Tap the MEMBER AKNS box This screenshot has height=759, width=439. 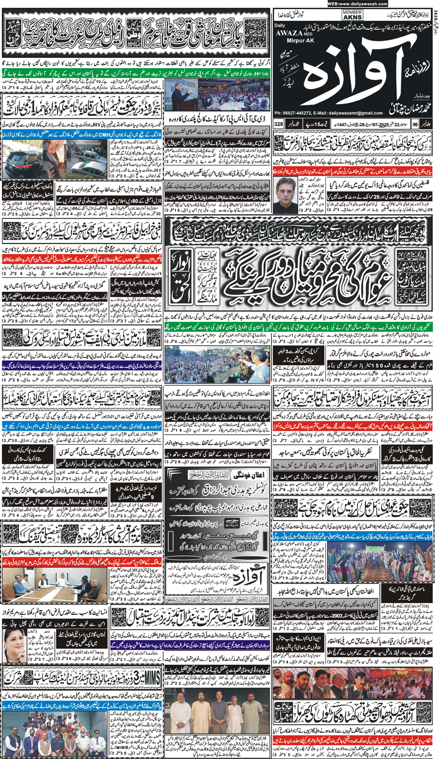352,15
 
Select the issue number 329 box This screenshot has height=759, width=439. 279,124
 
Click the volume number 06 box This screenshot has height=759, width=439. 415,124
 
